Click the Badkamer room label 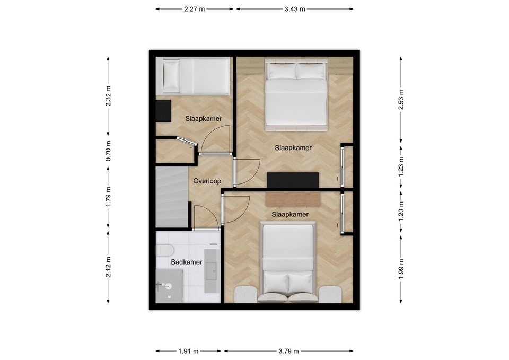click(x=187, y=262)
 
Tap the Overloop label click(x=207, y=181)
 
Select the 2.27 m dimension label click(x=195, y=9)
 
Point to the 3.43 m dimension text click(x=295, y=9)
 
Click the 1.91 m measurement click(x=188, y=351)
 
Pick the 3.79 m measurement click(x=288, y=351)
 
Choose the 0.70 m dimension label click(x=108, y=151)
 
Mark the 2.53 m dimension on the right click(x=401, y=99)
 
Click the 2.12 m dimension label click(x=108, y=267)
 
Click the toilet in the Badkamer click(x=165, y=250)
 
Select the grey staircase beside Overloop click(x=172, y=197)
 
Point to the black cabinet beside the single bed click(x=163, y=111)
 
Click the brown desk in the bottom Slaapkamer click(x=293, y=199)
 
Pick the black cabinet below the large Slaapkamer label click(x=293, y=180)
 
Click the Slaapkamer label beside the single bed click(x=204, y=119)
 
